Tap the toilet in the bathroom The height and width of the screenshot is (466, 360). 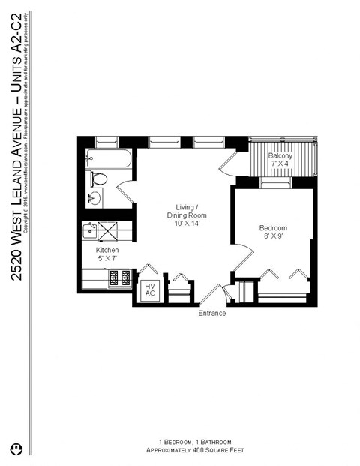pos(98,179)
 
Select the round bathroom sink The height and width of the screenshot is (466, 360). pos(94,199)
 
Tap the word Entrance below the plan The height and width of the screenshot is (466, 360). pos(212,313)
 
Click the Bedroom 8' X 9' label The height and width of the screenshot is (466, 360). pos(274,233)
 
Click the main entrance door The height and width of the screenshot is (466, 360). pos(211,294)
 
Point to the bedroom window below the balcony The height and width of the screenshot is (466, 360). pos(275,182)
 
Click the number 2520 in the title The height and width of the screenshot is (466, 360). pos(16,261)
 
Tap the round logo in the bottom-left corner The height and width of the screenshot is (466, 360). pos(16,448)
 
